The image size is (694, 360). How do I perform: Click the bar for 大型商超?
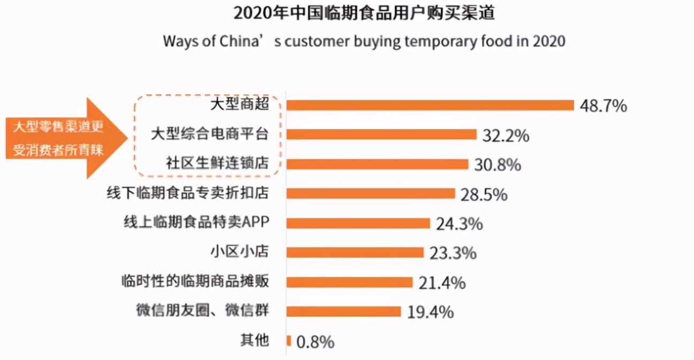point(430,105)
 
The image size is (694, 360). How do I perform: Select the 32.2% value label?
point(506,136)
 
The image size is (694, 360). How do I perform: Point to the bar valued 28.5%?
point(371,193)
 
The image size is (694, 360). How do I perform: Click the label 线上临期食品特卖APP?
point(196,222)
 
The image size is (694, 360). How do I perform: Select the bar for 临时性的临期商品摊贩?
point(350,282)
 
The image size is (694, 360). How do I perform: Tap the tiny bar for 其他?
point(289,341)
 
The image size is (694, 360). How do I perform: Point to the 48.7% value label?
point(603,106)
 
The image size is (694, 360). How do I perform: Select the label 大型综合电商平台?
point(210,134)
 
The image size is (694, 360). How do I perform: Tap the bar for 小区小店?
point(355,252)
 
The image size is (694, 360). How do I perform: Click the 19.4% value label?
point(430,312)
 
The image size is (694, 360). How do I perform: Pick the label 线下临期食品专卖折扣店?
point(188,193)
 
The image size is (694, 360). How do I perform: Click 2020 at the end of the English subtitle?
point(548,41)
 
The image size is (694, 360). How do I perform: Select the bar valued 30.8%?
point(378,164)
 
